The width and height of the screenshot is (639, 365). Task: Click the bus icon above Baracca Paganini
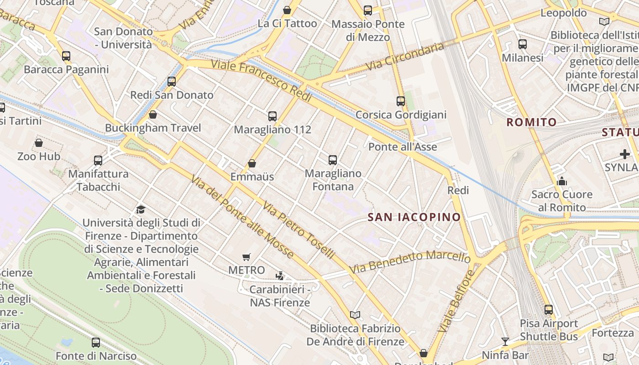[x=66, y=56]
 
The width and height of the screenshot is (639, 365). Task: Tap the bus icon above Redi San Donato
[x=172, y=82]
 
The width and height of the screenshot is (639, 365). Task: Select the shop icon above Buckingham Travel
[x=153, y=115]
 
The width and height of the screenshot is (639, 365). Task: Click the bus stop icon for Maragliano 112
[x=272, y=116]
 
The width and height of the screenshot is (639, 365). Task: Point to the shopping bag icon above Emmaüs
[x=251, y=163]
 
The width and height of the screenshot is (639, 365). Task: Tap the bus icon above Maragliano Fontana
[x=333, y=160]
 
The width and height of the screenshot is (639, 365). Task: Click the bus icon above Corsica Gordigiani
[x=401, y=101]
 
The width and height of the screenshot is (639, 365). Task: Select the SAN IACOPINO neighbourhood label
[x=414, y=217]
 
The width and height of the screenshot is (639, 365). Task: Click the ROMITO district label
[x=532, y=122]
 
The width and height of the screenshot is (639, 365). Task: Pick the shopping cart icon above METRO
[x=246, y=257]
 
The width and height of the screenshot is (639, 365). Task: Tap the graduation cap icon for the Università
[x=141, y=209]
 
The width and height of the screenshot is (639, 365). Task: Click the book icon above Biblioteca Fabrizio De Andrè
[x=355, y=315]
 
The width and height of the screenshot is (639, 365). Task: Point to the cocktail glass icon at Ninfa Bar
[x=505, y=341]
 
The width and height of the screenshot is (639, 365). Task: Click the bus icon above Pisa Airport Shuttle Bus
[x=549, y=310]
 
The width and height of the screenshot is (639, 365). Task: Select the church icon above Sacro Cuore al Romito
[x=562, y=181]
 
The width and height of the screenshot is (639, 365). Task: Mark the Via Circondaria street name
[x=405, y=57]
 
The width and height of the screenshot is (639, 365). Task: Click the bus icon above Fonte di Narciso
[x=96, y=342]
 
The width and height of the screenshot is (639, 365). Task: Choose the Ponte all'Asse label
[x=403, y=147]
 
